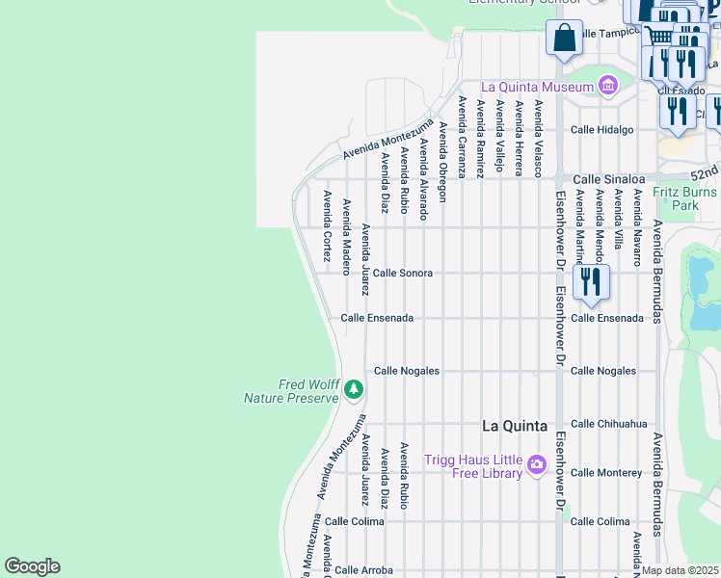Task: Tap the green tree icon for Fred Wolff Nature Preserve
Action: pyautogui.click(x=354, y=389)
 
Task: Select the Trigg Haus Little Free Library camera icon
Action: pyautogui.click(x=537, y=466)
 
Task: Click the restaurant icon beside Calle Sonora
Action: pyautogui.click(x=589, y=281)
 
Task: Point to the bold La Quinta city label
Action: pyautogui.click(x=514, y=426)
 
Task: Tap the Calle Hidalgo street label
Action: pyautogui.click(x=602, y=129)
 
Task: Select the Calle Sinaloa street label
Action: pyautogui.click(x=606, y=179)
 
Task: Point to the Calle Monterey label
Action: pyautogui.click(x=606, y=473)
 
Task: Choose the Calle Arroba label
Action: pyautogui.click(x=363, y=570)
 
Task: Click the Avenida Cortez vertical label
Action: pyautogui.click(x=328, y=227)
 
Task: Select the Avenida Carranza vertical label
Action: pyautogui.click(x=462, y=137)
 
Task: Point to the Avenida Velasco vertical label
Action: pyautogui.click(x=539, y=139)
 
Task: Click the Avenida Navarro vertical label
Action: pyautogui.click(x=637, y=227)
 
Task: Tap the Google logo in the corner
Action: pyautogui.click(x=32, y=566)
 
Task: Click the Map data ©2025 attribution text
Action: pyautogui.click(x=681, y=570)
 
